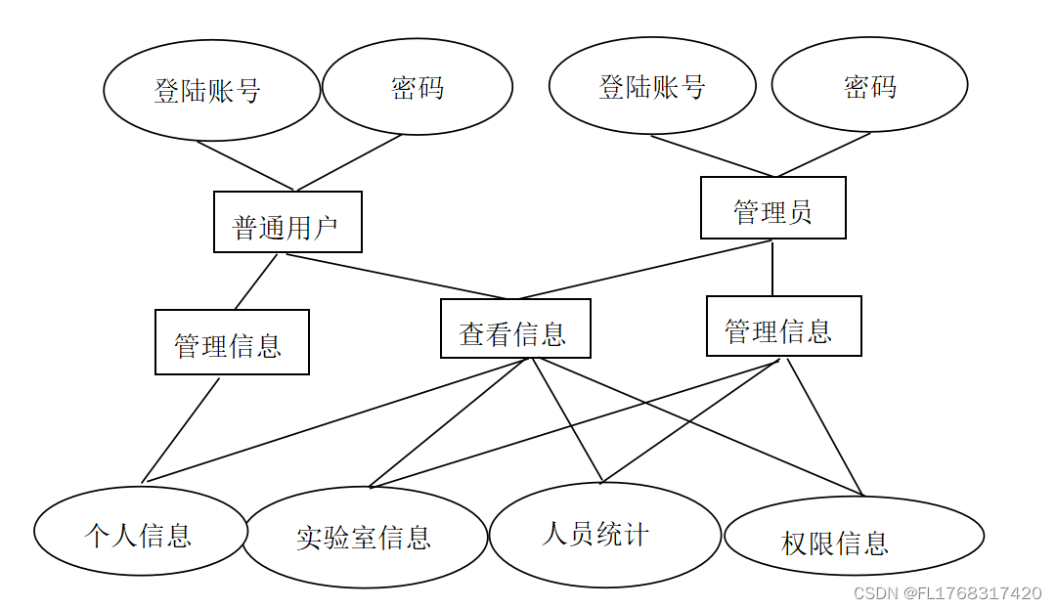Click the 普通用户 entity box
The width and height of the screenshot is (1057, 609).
pyautogui.click(x=287, y=222)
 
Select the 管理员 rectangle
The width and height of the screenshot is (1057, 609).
pyautogui.click(x=772, y=207)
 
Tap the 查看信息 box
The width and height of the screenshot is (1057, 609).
pyautogui.click(x=515, y=328)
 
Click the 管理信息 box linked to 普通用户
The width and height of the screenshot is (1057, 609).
pyautogui.click(x=232, y=342)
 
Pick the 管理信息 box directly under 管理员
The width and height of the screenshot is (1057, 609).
pyautogui.click(x=783, y=326)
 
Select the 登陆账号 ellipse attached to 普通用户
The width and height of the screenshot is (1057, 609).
pyautogui.click(x=211, y=90)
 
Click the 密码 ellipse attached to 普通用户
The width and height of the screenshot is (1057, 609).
pyautogui.click(x=418, y=87)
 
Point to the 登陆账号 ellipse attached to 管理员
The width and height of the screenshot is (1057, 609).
pyautogui.click(x=652, y=86)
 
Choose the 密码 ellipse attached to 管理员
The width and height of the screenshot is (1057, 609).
pyautogui.click(x=869, y=85)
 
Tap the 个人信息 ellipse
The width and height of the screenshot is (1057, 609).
pyautogui.click(x=140, y=532)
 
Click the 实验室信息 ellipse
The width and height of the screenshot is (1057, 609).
pyautogui.click(x=364, y=537)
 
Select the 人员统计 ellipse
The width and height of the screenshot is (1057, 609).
pyautogui.click(x=604, y=534)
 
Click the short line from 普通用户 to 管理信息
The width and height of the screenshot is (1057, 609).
pyautogui.click(x=256, y=282)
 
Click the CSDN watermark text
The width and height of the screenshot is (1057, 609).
pyautogui.click(x=947, y=593)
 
